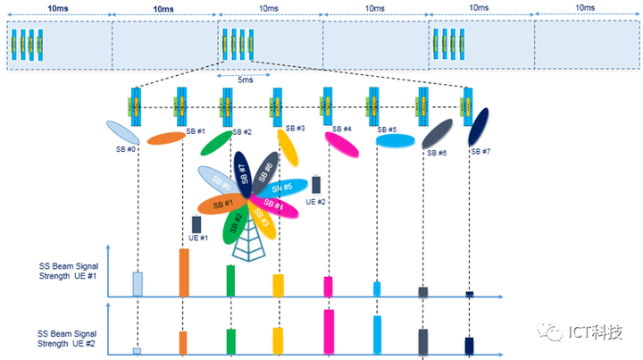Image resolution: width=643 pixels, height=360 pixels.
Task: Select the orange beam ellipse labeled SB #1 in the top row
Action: click(164, 138)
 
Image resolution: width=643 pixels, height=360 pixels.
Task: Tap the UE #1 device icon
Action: click(196, 224)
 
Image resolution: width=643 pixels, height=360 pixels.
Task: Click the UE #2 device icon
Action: click(315, 185)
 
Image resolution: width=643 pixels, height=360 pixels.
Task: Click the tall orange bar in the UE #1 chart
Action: click(184, 272)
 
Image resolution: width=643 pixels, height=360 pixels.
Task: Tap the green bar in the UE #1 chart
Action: click(230, 280)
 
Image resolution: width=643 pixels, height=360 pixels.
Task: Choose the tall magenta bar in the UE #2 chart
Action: click(329, 332)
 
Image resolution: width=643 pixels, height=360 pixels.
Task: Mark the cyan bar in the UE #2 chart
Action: click(377, 335)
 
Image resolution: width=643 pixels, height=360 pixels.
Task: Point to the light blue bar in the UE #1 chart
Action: click(138, 283)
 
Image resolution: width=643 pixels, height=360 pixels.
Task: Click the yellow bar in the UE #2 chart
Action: click(278, 341)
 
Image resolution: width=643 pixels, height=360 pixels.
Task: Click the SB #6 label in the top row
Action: click(436, 153)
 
